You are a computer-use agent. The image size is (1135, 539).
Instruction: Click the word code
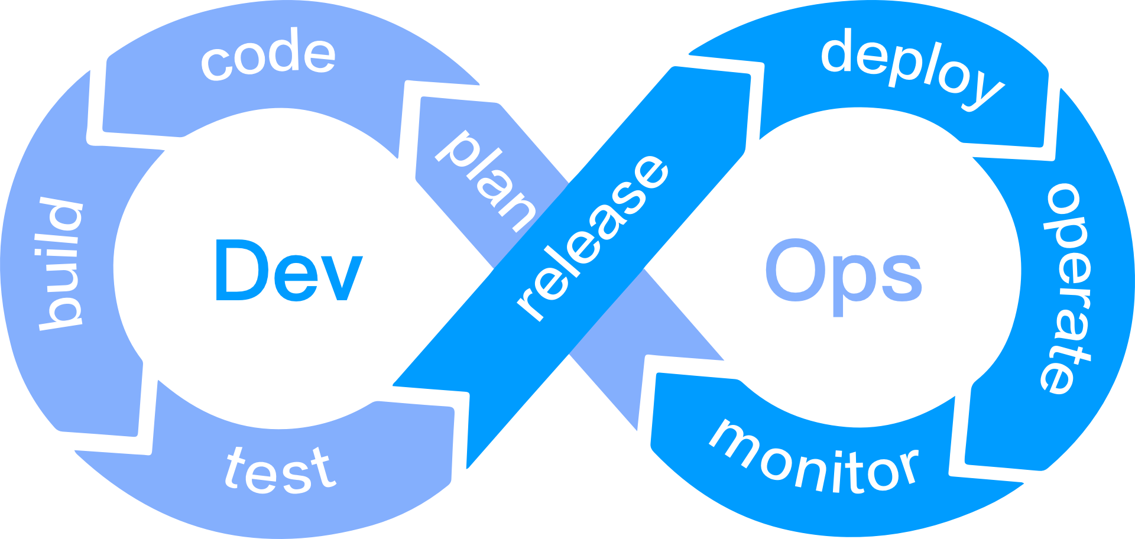point(268,56)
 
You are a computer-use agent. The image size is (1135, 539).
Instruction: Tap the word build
point(61,264)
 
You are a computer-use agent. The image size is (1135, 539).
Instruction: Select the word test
point(280,471)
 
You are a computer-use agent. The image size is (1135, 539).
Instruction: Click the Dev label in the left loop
point(288,271)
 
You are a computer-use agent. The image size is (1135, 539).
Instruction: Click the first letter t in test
point(236,466)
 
